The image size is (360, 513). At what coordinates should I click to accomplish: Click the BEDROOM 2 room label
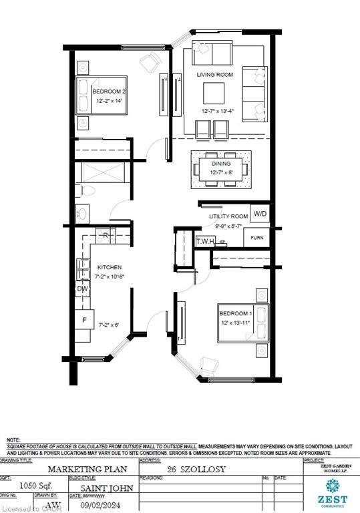click(106, 91)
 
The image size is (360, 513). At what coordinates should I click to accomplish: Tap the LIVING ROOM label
click(214, 75)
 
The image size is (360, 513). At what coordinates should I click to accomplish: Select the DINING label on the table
click(221, 163)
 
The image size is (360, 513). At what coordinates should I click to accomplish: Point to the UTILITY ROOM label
click(228, 217)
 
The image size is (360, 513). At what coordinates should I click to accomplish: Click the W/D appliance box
click(260, 214)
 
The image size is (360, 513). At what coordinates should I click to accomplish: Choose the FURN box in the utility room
click(256, 237)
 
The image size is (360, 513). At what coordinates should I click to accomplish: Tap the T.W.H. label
click(204, 242)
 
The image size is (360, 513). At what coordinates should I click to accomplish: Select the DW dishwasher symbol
click(83, 289)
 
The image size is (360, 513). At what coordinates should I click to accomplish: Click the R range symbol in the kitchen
click(106, 236)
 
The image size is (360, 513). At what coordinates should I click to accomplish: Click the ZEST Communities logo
click(332, 491)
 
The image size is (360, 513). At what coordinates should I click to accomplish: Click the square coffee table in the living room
click(214, 91)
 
